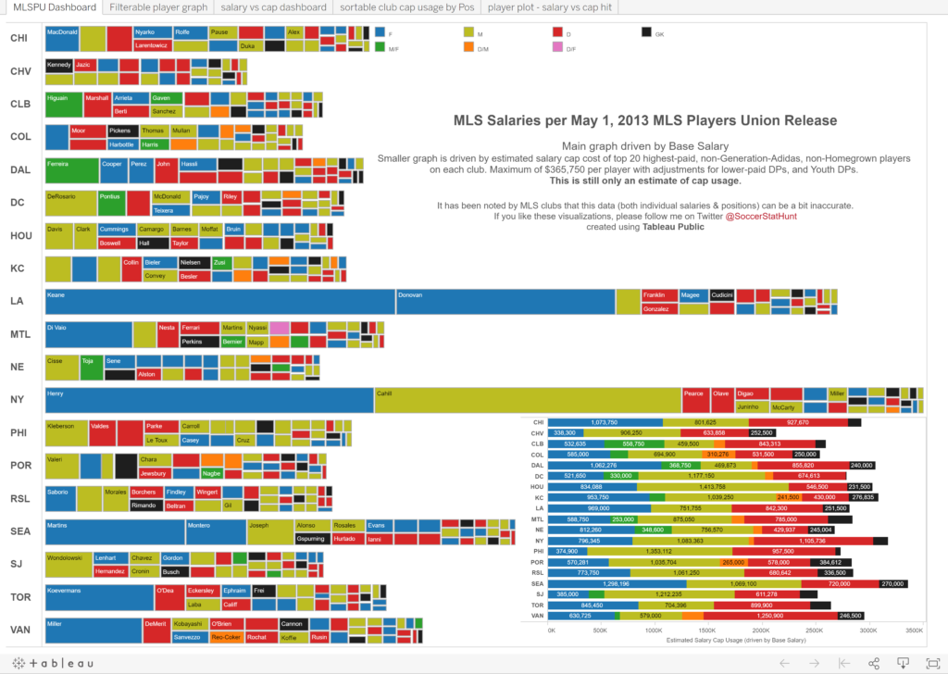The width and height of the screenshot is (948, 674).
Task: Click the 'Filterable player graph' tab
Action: pos(157,7)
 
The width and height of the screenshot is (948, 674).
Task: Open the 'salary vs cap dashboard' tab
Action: pos(273,7)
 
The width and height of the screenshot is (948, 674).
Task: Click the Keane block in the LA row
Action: pos(220,302)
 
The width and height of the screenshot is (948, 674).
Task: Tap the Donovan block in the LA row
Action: pos(505,302)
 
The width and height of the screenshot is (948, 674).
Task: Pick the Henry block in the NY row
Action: pos(209,400)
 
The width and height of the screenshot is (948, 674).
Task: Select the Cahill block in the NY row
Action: pos(527,400)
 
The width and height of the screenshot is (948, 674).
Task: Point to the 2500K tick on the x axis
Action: pos(816,630)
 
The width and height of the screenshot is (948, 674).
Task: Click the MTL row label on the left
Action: pos(20,333)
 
